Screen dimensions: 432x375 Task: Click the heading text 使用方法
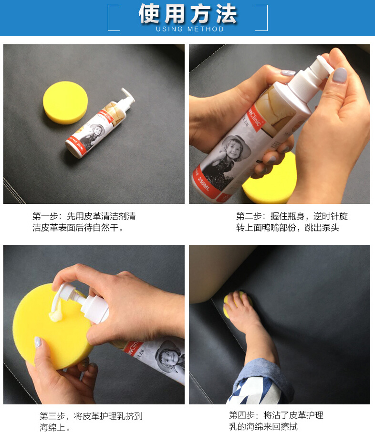pos(187,14)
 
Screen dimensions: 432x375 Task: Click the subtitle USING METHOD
pos(190,30)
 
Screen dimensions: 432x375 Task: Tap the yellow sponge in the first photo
pos(65,102)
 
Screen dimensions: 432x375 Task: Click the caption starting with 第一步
pos(84,222)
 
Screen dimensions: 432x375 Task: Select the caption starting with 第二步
pos(292,222)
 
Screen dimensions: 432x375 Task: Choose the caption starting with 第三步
pos(91,422)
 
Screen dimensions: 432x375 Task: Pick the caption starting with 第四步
pos(277,421)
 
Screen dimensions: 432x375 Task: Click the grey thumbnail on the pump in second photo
pos(339,76)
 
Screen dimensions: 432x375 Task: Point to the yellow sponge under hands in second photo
pos(267,183)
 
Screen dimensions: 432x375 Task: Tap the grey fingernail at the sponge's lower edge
pos(38,342)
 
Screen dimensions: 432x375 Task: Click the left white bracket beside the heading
pos(114,18)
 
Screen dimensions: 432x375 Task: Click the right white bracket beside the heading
pos(261,18)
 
